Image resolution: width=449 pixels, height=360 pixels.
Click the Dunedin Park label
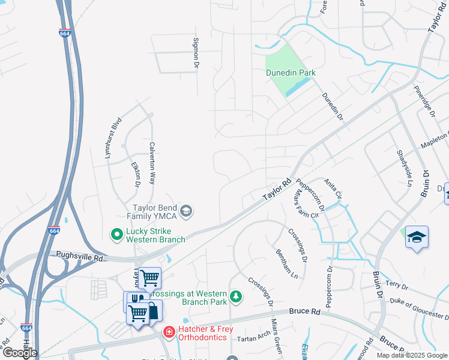[291, 73]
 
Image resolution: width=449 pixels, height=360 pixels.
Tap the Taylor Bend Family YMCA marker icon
[186, 209]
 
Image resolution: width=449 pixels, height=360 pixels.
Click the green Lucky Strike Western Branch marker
[116, 233]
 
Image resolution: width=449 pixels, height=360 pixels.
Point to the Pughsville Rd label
[80, 256]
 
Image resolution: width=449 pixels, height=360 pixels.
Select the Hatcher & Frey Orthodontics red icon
[169, 331]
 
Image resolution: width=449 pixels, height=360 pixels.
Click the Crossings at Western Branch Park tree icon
[237, 297]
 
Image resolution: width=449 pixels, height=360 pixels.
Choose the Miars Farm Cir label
[303, 205]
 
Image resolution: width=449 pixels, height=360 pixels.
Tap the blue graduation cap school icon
[417, 236]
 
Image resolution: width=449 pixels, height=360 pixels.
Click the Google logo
[20, 352]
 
